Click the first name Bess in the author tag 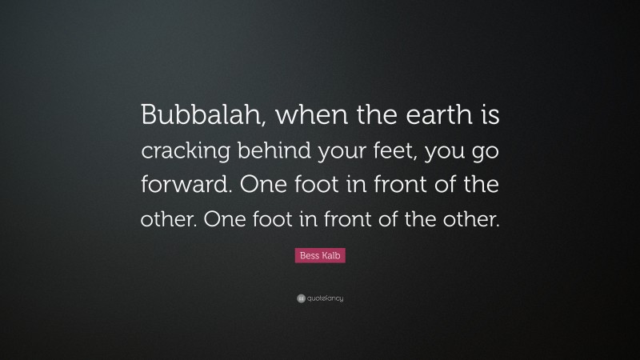(x=308, y=255)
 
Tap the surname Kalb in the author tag (x=330, y=255)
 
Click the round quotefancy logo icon (x=300, y=298)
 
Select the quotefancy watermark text (x=326, y=298)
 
